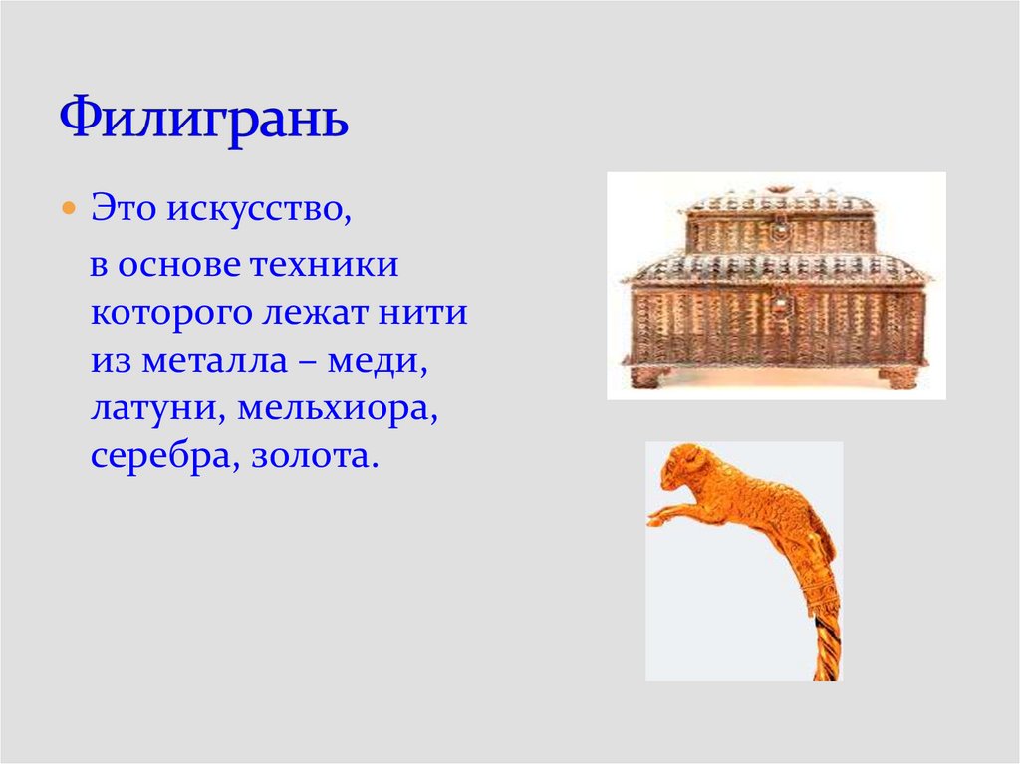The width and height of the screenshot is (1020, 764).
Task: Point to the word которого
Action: point(167,314)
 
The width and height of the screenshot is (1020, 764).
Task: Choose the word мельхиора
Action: point(332,409)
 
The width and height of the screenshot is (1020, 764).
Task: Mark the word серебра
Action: point(159,457)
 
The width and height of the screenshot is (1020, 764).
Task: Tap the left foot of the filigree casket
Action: point(648,377)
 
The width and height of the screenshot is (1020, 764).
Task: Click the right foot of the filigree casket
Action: point(899,377)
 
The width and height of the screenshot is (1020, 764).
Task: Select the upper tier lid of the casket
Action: point(778,204)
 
